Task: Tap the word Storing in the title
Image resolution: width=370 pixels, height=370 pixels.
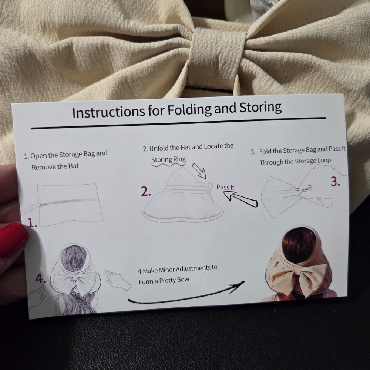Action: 260,108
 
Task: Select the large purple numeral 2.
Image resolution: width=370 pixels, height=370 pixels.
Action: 146,192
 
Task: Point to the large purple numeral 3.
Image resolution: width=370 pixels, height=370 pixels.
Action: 335,182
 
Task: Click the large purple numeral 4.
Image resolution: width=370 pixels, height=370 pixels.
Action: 40,279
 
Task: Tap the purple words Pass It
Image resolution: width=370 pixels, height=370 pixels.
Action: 225,187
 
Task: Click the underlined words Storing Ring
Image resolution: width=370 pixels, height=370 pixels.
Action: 168,159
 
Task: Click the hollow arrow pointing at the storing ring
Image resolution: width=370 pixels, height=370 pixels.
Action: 199,171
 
